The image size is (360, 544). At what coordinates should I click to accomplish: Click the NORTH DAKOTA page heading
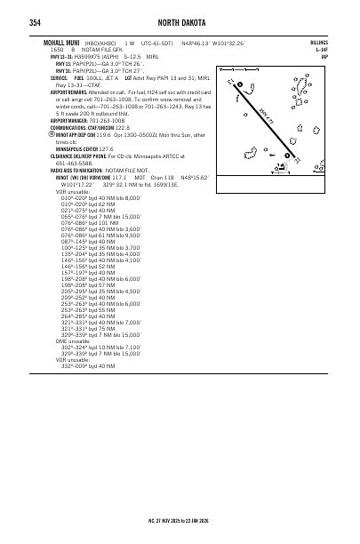click(x=180, y=22)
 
